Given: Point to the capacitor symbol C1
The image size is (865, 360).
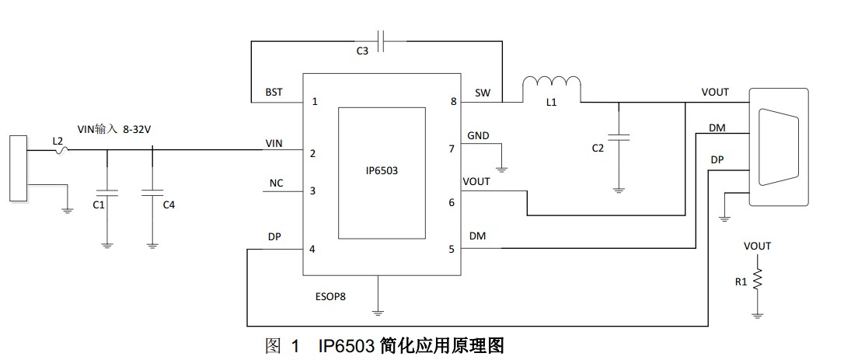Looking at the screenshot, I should [106, 190].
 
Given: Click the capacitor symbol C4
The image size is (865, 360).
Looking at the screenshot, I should [152, 190].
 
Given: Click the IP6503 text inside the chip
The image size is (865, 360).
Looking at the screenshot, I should [382, 171].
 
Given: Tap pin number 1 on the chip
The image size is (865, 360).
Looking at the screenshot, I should [315, 102].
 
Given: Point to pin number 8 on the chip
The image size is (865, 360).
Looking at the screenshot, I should [452, 102].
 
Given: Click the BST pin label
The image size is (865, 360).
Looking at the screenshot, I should [274, 93].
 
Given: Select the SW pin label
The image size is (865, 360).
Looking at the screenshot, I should [482, 93].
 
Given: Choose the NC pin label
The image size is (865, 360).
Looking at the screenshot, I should [276, 183].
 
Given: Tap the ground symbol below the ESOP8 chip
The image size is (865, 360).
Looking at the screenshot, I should [377, 311].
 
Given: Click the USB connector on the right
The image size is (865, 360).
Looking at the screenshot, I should [780, 147].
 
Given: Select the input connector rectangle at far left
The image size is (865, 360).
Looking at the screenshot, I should [17, 169].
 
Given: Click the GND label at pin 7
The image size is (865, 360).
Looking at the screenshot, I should [478, 135].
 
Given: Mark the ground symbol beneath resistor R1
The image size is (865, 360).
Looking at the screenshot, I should [757, 314].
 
